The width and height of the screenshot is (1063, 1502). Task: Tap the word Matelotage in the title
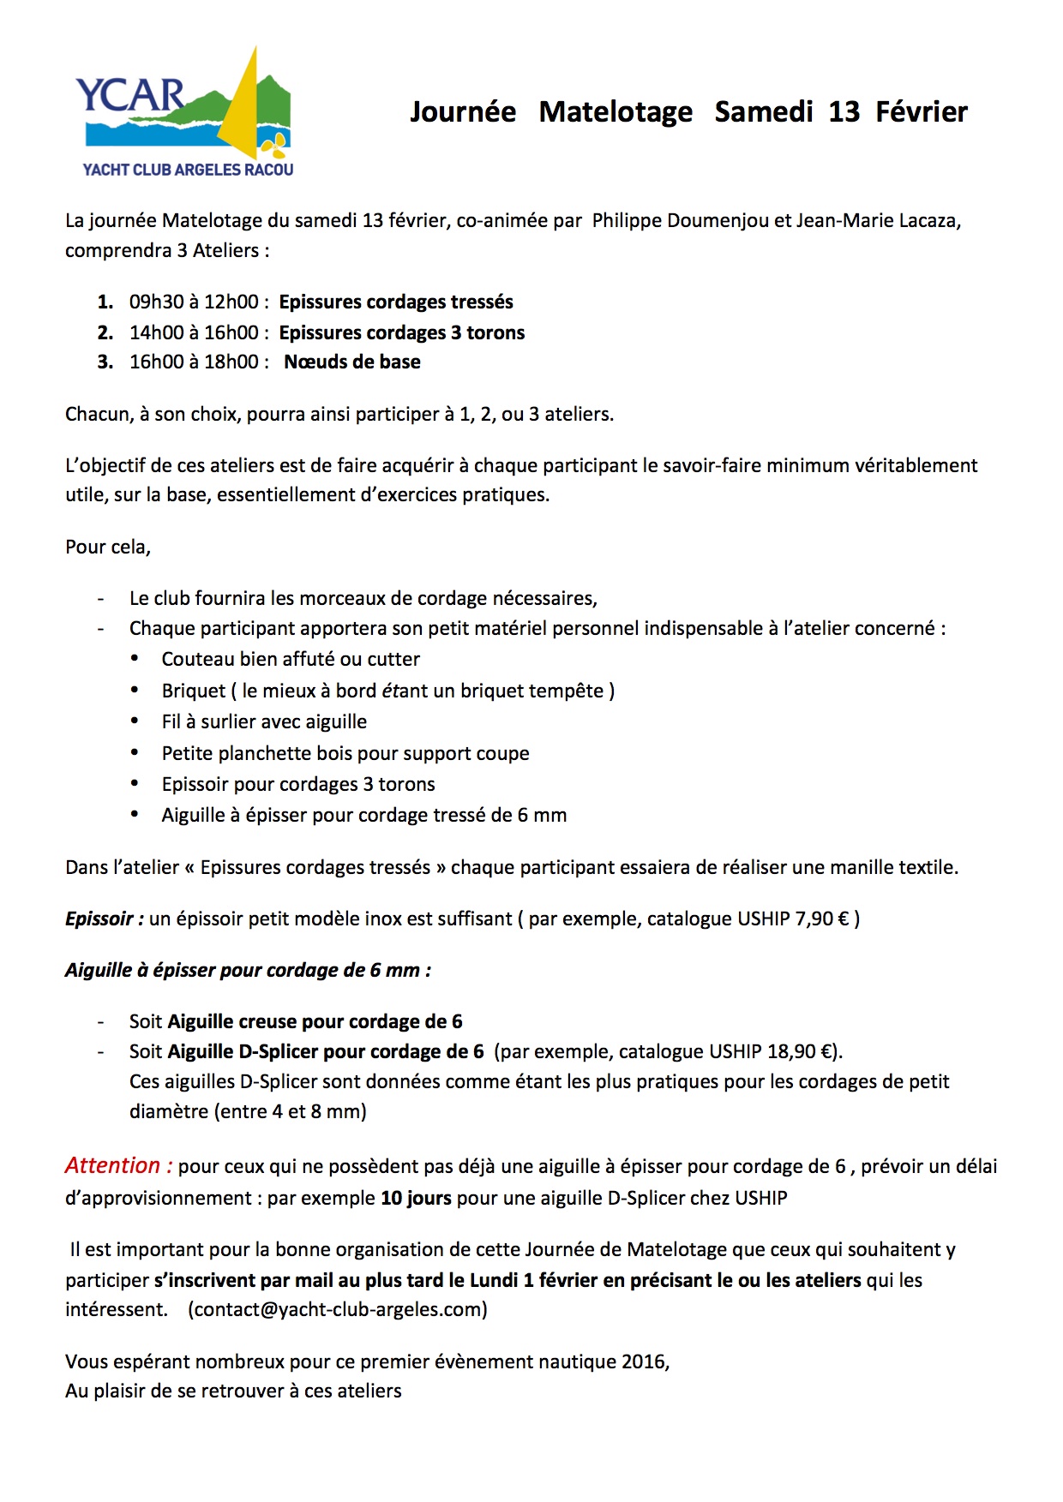(616, 111)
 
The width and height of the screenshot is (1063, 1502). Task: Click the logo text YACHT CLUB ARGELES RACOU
(188, 170)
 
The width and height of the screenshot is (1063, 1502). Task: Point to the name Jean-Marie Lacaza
(878, 220)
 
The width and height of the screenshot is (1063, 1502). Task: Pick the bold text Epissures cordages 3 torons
(402, 332)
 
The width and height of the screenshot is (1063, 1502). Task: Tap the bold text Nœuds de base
(352, 362)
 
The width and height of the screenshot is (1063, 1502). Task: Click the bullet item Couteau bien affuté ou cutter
(291, 659)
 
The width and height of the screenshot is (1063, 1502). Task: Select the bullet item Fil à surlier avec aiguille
(264, 721)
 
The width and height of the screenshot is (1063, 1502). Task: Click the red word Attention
(113, 1166)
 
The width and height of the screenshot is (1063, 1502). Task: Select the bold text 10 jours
(416, 1198)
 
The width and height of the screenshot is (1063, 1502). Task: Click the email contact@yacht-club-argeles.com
(338, 1309)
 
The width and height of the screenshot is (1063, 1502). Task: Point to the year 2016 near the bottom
(643, 1361)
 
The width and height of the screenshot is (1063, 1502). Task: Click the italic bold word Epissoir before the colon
(99, 919)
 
